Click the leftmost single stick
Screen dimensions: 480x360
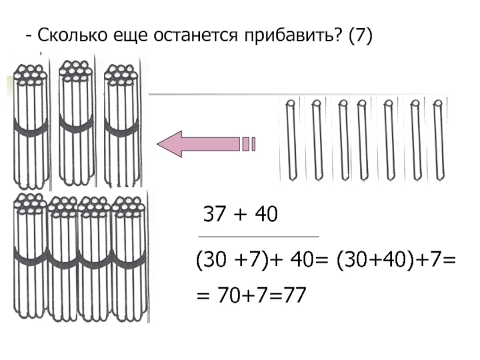pos(292,139)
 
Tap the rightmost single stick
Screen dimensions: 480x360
pos(438,139)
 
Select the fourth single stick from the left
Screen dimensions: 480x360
pos(363,139)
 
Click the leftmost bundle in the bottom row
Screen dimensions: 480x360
pos(29,258)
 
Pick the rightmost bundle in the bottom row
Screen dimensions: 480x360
pos(130,258)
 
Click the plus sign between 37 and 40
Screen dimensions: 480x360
pos(238,215)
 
